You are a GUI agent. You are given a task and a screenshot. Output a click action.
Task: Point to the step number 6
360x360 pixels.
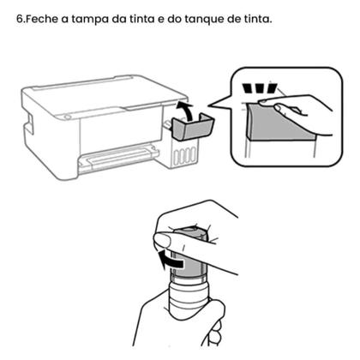pos(20,20)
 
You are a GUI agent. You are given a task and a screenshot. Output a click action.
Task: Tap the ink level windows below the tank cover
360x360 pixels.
pos(181,155)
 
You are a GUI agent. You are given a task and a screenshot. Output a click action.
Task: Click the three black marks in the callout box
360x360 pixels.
pos(256,87)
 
